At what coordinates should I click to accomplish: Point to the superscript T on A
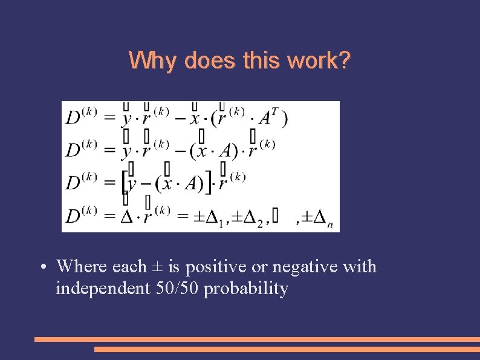click(274, 111)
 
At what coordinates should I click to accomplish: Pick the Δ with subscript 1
click(213, 217)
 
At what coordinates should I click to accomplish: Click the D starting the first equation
click(73, 118)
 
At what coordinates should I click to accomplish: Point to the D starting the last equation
click(73, 216)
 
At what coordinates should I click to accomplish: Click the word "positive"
click(204, 267)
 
